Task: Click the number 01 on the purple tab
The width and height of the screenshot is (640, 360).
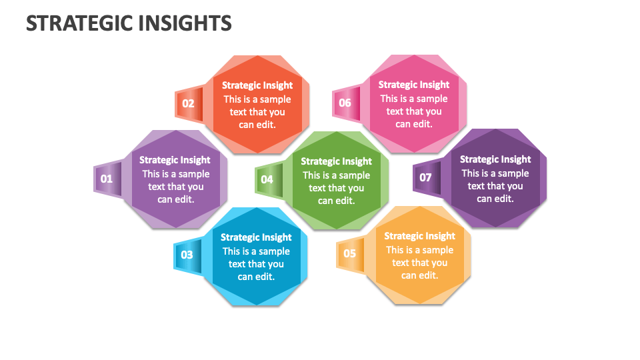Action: coord(107,179)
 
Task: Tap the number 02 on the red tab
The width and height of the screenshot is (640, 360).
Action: coord(188,103)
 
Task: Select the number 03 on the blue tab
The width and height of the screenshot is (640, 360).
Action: coord(187,255)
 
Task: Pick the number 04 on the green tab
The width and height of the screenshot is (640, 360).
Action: coord(267,179)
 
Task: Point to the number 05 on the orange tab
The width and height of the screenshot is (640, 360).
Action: coord(350,253)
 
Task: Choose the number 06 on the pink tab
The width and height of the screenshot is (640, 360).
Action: coord(345,103)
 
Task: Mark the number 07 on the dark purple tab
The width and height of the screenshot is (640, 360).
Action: coord(425,177)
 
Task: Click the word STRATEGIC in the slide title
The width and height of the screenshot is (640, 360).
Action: coord(79,23)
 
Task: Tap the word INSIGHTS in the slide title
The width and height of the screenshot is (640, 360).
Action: coord(185,23)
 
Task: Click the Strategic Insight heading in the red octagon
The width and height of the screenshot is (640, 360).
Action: coord(257,85)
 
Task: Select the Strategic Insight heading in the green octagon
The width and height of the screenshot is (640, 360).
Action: coord(336,161)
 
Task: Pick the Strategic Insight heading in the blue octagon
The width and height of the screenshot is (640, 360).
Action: coord(256,237)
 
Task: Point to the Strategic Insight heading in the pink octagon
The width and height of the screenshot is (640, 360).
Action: coord(414,85)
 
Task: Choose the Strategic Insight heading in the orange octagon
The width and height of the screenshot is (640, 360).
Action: coord(419,236)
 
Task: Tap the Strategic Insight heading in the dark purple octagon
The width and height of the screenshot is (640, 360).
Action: coord(495,159)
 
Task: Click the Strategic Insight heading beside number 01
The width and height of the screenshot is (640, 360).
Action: coord(175,160)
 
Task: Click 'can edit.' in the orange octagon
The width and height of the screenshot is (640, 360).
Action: coord(419,275)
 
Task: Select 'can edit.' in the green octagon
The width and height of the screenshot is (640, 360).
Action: coord(336,201)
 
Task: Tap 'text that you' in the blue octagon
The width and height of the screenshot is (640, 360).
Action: coord(256,264)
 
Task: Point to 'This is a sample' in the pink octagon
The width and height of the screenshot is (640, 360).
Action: coord(414,99)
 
